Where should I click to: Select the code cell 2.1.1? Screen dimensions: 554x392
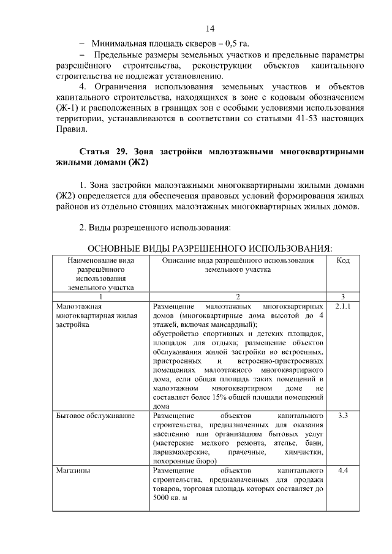click(x=343, y=305)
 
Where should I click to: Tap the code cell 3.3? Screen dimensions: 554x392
click(x=343, y=416)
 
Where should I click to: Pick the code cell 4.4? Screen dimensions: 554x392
click(x=343, y=471)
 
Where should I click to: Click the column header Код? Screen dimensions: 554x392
click(x=343, y=261)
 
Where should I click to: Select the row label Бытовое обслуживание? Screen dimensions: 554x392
click(x=95, y=416)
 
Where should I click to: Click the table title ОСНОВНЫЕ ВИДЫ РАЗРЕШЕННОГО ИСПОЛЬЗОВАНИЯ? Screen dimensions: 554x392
click(x=210, y=249)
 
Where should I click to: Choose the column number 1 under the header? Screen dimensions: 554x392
click(x=101, y=296)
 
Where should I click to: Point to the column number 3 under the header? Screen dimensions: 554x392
click(x=343, y=296)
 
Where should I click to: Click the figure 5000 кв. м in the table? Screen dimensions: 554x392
click(x=170, y=498)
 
